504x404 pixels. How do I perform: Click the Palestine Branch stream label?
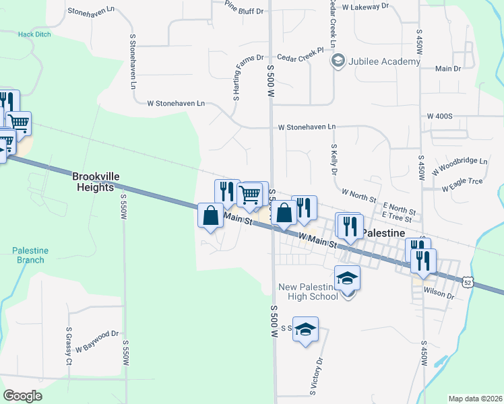pos(30,255)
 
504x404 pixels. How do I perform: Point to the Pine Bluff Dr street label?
pos(243,7)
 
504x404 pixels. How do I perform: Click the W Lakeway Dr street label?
pos(366,6)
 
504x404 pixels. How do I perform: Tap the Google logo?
pos(22,396)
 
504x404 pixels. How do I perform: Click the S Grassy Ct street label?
pos(69,346)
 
